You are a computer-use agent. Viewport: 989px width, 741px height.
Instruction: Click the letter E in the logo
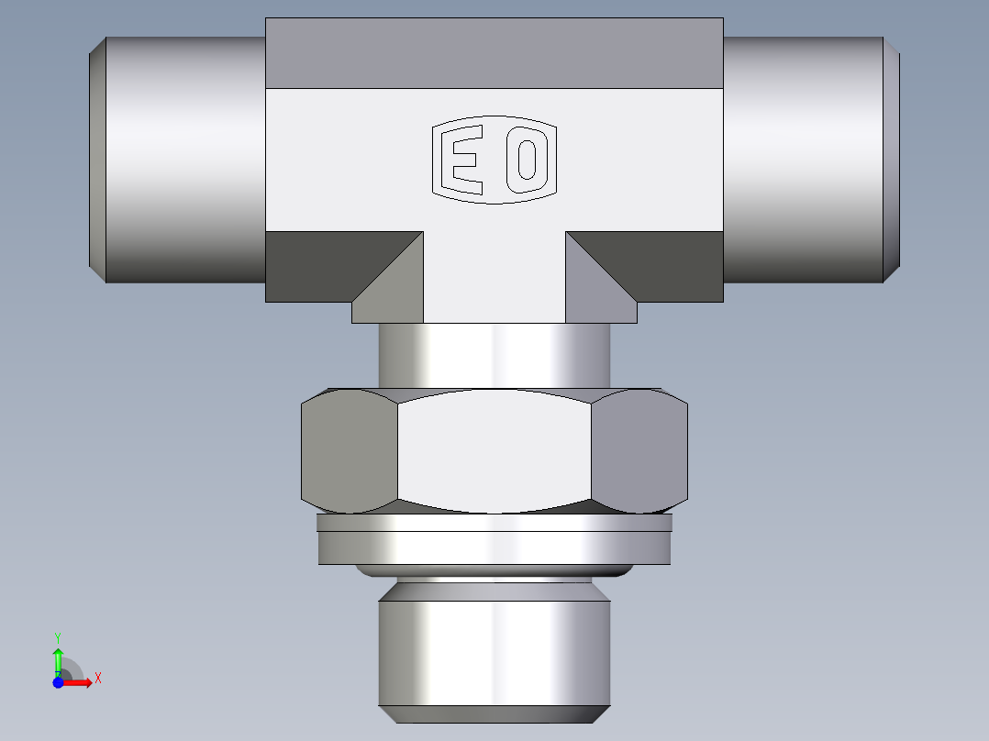tap(463, 160)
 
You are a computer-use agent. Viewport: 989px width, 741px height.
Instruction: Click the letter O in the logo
tap(528, 160)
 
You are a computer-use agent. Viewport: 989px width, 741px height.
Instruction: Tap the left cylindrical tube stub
tap(183, 160)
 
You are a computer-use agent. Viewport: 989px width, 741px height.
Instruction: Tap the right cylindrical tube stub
tap(803, 160)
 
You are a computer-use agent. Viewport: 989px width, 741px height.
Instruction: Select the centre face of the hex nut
tap(494, 451)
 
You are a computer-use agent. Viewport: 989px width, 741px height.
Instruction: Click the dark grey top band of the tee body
tap(494, 53)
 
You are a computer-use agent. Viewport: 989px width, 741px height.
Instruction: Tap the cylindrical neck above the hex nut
tap(494, 355)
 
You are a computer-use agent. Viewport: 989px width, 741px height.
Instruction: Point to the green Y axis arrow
tap(58, 658)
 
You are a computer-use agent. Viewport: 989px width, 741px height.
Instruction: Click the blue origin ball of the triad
tap(58, 682)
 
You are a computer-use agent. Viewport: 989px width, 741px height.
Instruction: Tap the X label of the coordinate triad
tap(97, 679)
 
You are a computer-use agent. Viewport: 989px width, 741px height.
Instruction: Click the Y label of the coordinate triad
tap(58, 636)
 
